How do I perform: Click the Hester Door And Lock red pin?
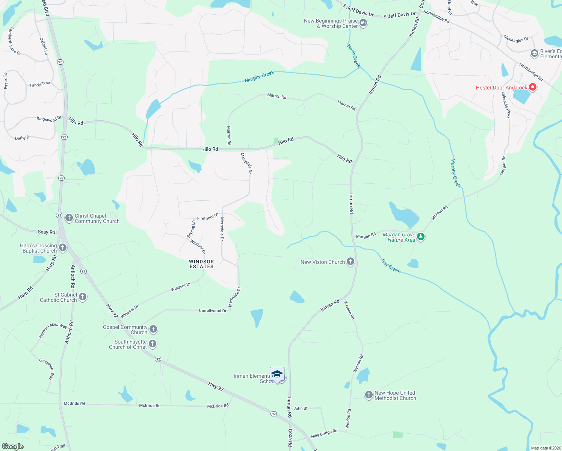[532, 87]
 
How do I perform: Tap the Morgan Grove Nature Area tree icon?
[421, 237]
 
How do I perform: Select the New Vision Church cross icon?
[350, 262]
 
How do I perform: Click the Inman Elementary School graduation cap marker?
[277, 374]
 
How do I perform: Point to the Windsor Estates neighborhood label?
[201, 264]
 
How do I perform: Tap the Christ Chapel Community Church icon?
[69, 218]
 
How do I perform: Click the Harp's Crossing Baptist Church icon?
[63, 248]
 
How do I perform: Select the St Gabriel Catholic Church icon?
[83, 297]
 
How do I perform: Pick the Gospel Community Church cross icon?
[153, 329]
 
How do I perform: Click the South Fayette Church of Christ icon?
[152, 344]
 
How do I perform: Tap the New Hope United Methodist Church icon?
[369, 395]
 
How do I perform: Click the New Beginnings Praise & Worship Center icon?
[363, 23]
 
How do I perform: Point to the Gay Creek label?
[391, 266]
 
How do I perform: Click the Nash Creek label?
[354, 56]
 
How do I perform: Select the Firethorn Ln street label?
[208, 217]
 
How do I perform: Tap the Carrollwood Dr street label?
[213, 310]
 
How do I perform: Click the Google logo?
[13, 446]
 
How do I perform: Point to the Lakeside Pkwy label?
[506, 105]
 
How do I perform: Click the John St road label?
[301, 408]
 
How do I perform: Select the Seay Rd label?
[46, 232]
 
